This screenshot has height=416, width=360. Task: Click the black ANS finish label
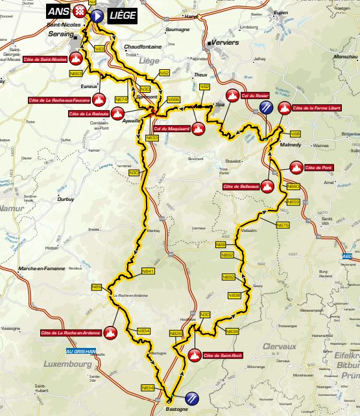tap(60, 10)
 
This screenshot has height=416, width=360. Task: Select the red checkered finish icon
tap(80, 10)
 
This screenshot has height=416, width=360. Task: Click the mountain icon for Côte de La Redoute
tap(117, 113)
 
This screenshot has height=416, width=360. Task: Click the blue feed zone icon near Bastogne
tap(192, 398)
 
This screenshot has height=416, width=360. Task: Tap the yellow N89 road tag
tap(97, 286)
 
